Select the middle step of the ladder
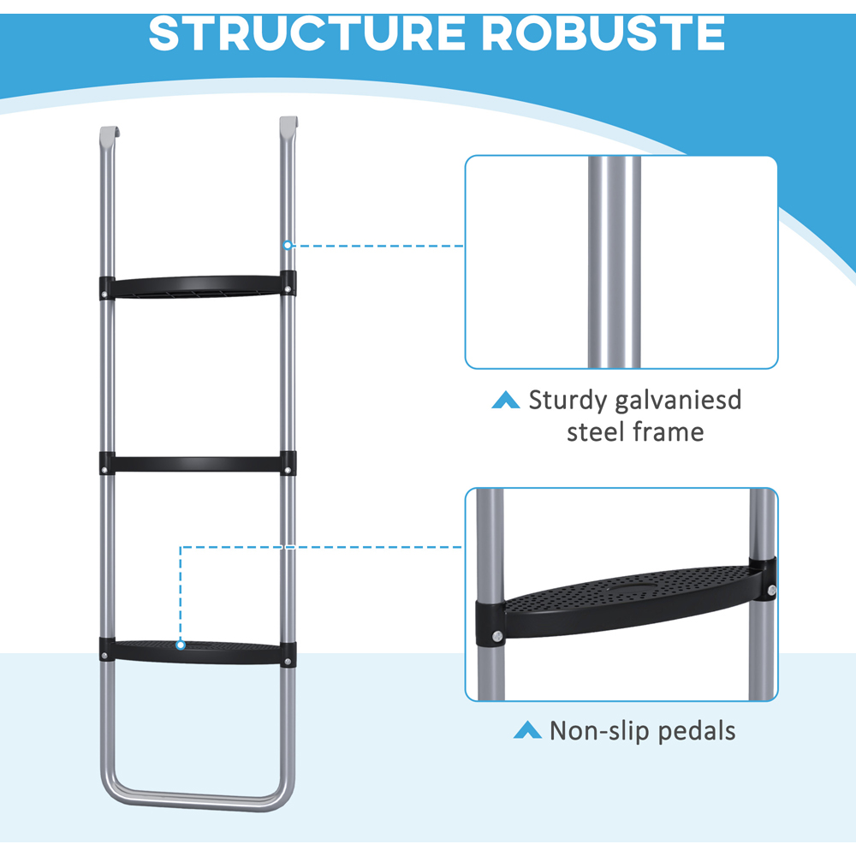pos(196,464)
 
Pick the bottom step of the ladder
pos(196,651)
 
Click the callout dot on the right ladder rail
pos(288,245)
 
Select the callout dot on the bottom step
pos(181,643)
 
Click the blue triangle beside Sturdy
pos(505,400)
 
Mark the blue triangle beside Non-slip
pos(526,730)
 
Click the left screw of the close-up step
pos(496,639)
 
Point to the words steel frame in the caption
pos(635,431)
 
